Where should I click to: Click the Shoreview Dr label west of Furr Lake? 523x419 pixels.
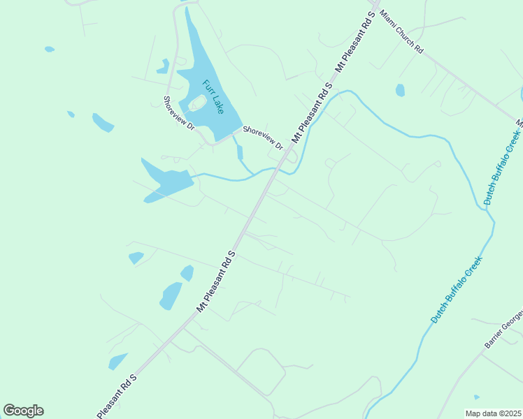[x=178, y=112]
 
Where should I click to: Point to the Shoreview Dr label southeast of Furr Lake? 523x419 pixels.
[x=262, y=138]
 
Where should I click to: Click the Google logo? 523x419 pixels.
[x=23, y=411]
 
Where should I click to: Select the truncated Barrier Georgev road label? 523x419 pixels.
[x=503, y=329]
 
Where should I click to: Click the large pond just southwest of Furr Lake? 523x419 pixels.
[x=167, y=182]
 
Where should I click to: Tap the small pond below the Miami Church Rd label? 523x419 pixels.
[x=400, y=90]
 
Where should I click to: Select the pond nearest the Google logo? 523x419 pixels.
[x=117, y=361]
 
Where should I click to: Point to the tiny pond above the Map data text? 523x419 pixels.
[x=476, y=397]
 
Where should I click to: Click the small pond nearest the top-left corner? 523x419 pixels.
[x=50, y=50]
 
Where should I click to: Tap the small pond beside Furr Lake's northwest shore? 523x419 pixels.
[x=164, y=66]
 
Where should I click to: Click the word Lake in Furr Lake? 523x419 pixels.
[x=218, y=105]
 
